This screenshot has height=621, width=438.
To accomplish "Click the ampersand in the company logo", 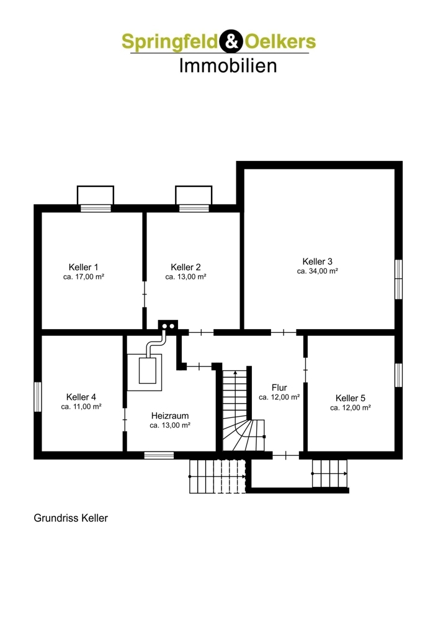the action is click(231, 41).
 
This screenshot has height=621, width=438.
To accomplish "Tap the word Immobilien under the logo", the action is click(228, 66).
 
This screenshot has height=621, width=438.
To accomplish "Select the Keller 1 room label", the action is click(84, 267).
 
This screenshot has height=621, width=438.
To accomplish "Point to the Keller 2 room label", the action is click(185, 267).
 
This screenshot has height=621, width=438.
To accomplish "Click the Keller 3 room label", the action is click(317, 261).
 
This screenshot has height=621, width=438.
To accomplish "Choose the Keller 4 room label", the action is click(81, 397).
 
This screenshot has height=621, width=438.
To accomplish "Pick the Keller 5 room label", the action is click(350, 398).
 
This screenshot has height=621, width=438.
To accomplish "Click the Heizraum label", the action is click(170, 416).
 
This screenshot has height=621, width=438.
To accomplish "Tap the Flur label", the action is click(279, 388).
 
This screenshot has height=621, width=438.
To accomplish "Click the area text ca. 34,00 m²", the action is click(317, 271).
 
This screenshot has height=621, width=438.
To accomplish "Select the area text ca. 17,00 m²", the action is click(84, 277).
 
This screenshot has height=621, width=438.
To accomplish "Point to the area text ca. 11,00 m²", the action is click(81, 407).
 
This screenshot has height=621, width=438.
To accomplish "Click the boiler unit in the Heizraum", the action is click(147, 371).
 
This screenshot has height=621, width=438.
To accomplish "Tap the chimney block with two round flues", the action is click(168, 326).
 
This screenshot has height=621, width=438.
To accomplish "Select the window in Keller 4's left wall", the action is click(38, 397).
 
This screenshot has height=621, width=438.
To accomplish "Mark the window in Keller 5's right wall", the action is click(399, 374).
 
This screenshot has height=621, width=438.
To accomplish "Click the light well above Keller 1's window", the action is click(96, 195).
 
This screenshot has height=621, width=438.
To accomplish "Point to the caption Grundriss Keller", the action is click(71, 518).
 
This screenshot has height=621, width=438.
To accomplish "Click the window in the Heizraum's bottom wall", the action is click(159, 455).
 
